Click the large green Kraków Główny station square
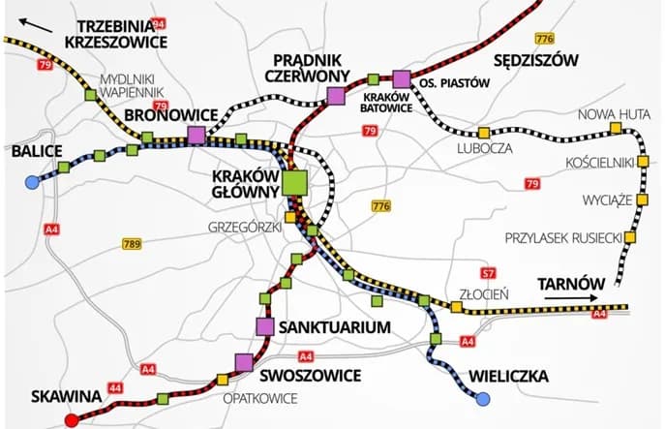tap(294, 181)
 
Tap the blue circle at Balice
tap(33, 181)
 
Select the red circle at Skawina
tap(70, 419)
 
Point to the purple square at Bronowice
tap(196, 135)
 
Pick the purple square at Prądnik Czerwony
tap(336, 95)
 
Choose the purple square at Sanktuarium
tap(264, 326)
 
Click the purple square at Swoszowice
tap(243, 362)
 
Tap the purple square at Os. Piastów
tap(402, 78)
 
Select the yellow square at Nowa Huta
tap(615, 128)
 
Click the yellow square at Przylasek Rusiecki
tap(630, 237)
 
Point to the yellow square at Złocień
tap(456, 307)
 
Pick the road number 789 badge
tap(133, 244)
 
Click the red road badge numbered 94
tap(158, 22)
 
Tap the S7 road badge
tap(489, 274)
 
